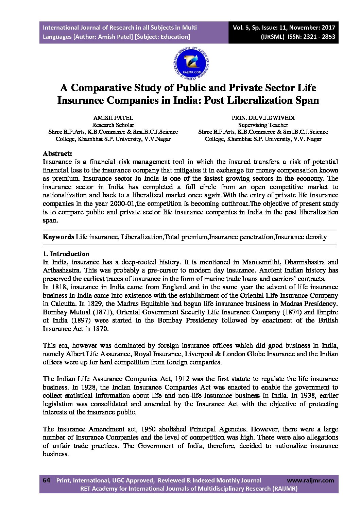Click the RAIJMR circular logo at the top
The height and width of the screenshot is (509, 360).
pos(191,63)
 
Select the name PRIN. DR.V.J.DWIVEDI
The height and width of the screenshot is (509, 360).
pos(263,118)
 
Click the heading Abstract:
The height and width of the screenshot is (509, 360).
pos(57,153)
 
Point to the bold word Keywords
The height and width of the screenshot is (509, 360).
pos(58,237)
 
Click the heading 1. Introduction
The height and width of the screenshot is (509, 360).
pos(66,254)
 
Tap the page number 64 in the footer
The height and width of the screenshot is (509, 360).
pos(46,480)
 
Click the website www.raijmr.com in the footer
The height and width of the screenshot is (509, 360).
pos(310,480)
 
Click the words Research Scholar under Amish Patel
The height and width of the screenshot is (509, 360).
pos(113,125)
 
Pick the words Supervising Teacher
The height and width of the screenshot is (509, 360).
pos(263,125)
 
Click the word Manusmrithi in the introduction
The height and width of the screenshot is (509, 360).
pos(261,262)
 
